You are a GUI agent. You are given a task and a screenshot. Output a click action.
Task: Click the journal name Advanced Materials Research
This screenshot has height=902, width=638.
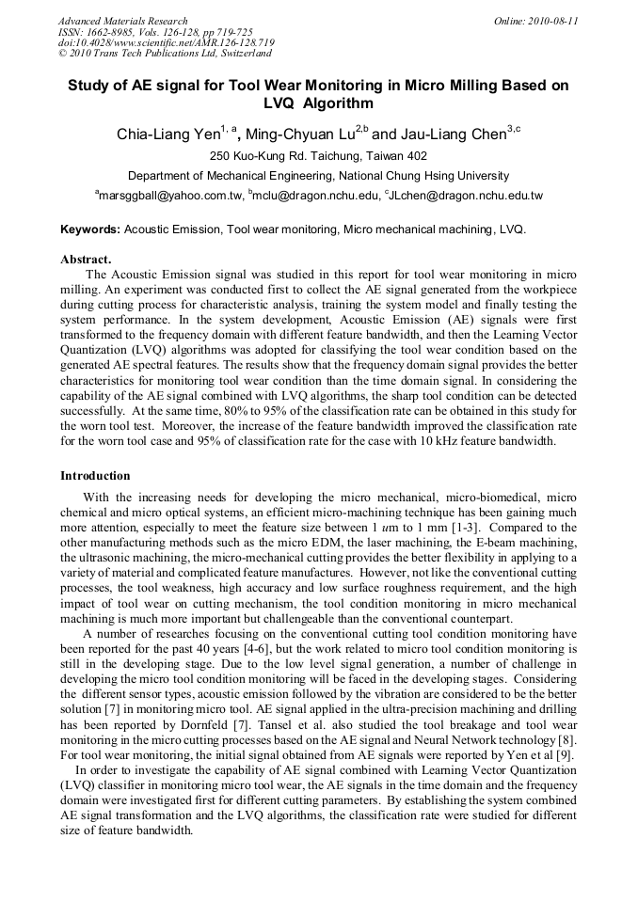tap(122, 21)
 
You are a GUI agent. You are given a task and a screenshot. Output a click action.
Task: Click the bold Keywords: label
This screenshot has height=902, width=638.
tap(90, 229)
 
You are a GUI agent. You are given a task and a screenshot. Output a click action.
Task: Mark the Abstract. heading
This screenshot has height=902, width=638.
tap(86, 259)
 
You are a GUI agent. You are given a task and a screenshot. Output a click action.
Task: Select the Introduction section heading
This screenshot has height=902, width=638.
tap(95, 476)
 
